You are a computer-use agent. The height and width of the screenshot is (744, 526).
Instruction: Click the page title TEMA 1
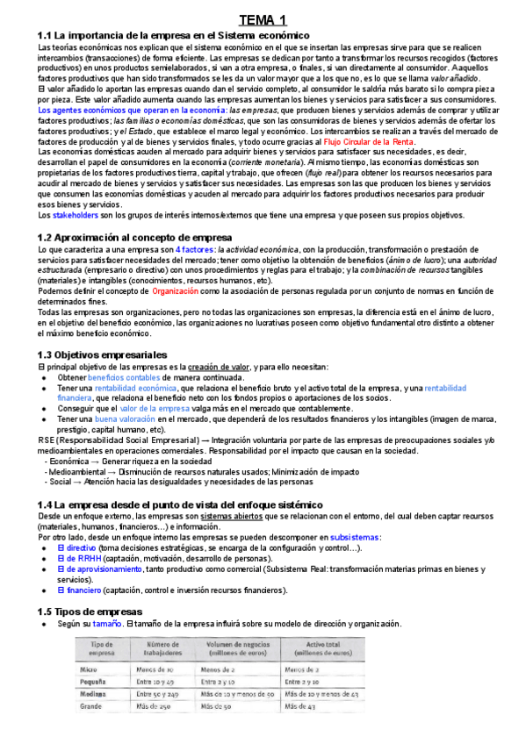263,19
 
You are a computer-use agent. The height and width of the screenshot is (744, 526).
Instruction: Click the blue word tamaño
108,623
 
